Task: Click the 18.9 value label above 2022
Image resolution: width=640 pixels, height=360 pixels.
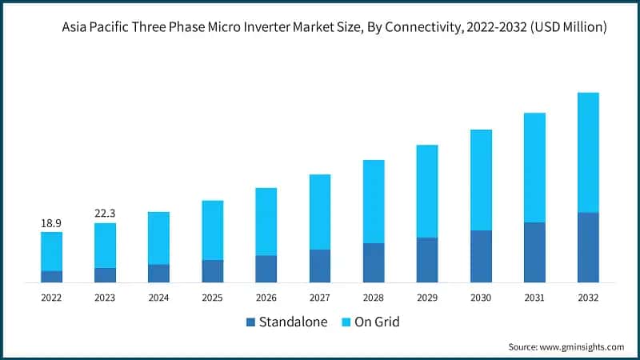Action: click(51, 222)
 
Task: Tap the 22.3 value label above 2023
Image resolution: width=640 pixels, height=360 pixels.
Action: click(105, 213)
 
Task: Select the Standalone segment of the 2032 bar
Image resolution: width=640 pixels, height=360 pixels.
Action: click(588, 247)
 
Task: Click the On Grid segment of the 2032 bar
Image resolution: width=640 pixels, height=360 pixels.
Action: click(588, 152)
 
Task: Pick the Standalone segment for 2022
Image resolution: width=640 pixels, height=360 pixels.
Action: click(51, 276)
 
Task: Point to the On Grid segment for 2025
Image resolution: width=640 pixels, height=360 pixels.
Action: click(212, 230)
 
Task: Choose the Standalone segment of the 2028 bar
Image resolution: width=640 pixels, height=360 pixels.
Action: click(374, 262)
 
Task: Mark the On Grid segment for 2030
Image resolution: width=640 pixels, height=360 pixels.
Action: click(481, 180)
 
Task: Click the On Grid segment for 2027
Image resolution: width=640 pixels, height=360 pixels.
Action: click(320, 211)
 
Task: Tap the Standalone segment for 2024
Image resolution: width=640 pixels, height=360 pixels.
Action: click(158, 273)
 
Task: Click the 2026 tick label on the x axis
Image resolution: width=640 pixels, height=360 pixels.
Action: click(266, 298)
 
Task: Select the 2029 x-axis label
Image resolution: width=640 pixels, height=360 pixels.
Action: click(427, 298)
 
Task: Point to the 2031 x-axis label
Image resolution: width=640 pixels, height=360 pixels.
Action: click(534, 298)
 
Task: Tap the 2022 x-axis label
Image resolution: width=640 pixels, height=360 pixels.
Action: click(51, 298)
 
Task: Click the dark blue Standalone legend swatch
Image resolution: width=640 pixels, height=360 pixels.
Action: click(250, 322)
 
